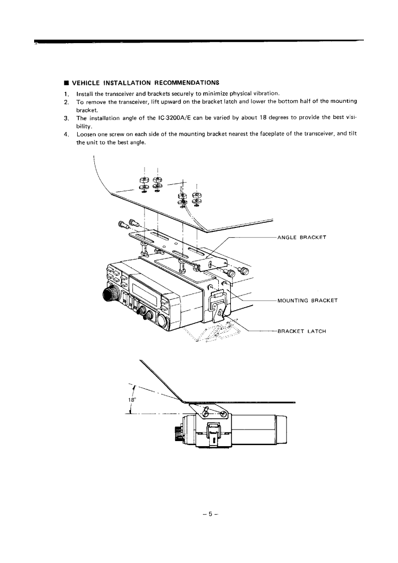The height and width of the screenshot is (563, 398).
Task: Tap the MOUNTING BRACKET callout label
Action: click(307, 301)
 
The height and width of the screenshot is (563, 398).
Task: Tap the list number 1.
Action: click(66, 93)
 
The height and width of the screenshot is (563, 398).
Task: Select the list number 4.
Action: click(66, 134)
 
